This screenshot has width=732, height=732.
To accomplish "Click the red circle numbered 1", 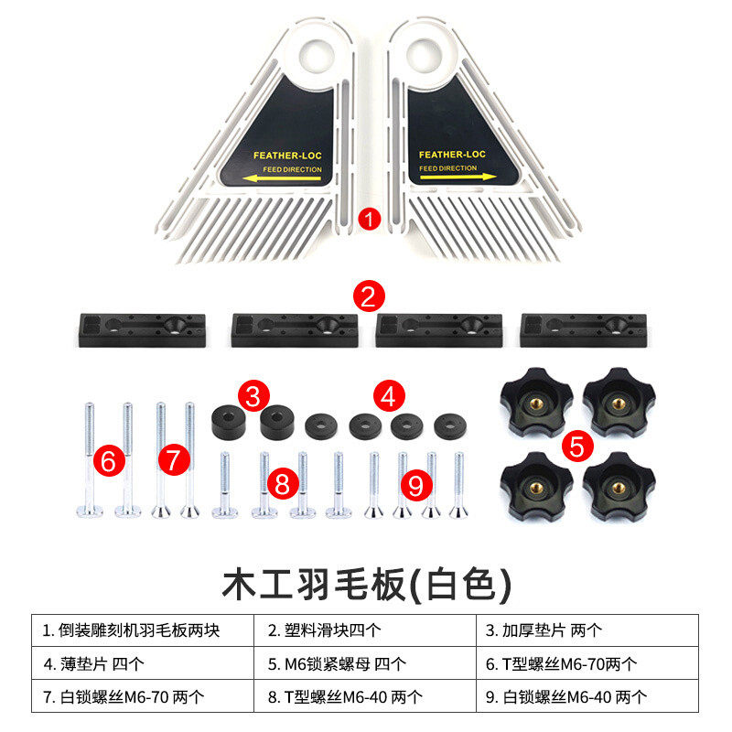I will click(368, 219).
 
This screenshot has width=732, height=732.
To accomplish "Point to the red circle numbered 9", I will click(415, 485).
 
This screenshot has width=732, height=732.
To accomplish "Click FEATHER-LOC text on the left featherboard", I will click(286, 156).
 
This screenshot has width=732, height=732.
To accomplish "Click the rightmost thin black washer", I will click(449, 425).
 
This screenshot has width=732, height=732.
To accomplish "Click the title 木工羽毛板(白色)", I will click(366, 583).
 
